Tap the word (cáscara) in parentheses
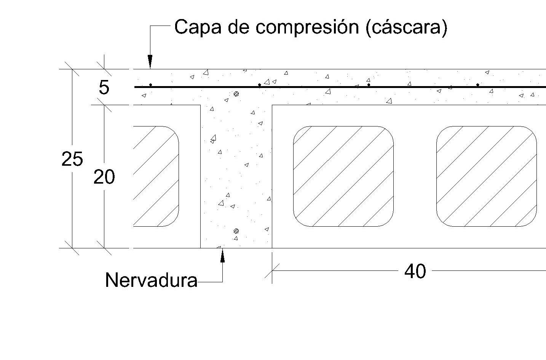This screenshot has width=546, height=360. click(x=406, y=27)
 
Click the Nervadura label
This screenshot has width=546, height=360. click(x=151, y=280)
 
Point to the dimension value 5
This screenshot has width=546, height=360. click(x=104, y=88)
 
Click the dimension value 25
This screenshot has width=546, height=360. click(x=72, y=159)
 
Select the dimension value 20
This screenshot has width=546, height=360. click(x=104, y=177)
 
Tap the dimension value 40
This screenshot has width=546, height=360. click(x=415, y=271)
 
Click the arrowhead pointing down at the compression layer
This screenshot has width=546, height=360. click(x=150, y=62)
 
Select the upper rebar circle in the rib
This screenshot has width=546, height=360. click(x=236, y=94)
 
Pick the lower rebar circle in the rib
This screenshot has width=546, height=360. click(x=236, y=231)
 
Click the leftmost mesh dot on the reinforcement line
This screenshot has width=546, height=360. click(x=151, y=85)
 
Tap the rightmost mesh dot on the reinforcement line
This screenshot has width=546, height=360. click(x=478, y=85)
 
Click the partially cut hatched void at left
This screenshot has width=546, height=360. click(x=155, y=176)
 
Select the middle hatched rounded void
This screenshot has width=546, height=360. click(x=343, y=176)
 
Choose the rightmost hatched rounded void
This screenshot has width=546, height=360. click(x=486, y=176)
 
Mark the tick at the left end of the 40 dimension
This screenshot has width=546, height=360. click(x=272, y=271)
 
